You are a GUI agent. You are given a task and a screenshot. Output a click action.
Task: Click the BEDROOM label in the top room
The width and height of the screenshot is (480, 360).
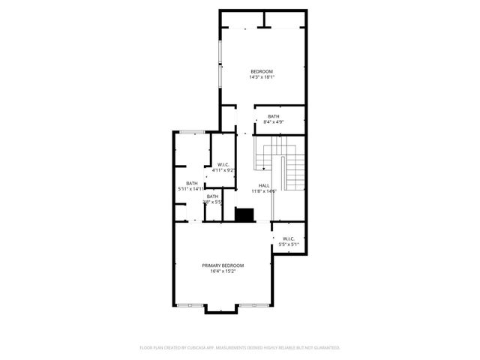pyautogui.click(x=262, y=71)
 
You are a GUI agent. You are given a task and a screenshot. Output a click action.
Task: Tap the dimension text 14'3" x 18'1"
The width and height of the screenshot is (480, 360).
pyautogui.click(x=262, y=76)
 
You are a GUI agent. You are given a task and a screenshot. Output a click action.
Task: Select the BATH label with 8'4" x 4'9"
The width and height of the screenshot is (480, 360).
pyautogui.click(x=274, y=115)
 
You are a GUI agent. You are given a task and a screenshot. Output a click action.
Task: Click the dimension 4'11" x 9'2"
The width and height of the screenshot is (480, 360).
pyautogui.click(x=223, y=170)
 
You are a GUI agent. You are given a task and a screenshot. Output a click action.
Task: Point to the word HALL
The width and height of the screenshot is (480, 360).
pyautogui.click(x=264, y=185)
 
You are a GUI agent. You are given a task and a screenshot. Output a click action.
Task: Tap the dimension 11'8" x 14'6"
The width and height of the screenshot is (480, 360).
pyautogui.click(x=264, y=190)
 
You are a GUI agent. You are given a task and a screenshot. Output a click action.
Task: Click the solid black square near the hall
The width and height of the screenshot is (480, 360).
pyautogui.click(x=244, y=215)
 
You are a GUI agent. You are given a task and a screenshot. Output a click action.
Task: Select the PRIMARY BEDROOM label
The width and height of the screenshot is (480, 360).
pyautogui.click(x=223, y=265)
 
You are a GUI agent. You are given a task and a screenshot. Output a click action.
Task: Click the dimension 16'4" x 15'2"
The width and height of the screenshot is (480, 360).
pyautogui.click(x=223, y=271)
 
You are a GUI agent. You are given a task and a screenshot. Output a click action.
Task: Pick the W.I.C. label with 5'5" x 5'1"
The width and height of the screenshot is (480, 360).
pyautogui.click(x=289, y=239)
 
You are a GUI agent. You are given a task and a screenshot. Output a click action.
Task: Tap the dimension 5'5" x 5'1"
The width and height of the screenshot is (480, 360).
pyautogui.click(x=289, y=244)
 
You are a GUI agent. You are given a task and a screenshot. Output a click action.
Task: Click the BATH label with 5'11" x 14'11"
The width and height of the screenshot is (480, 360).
pyautogui.click(x=192, y=184)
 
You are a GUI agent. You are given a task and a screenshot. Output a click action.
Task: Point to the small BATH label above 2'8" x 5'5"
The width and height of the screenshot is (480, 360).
pyautogui.click(x=213, y=196)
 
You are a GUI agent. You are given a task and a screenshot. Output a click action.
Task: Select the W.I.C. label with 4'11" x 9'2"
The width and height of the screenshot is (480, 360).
pyautogui.click(x=223, y=165)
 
